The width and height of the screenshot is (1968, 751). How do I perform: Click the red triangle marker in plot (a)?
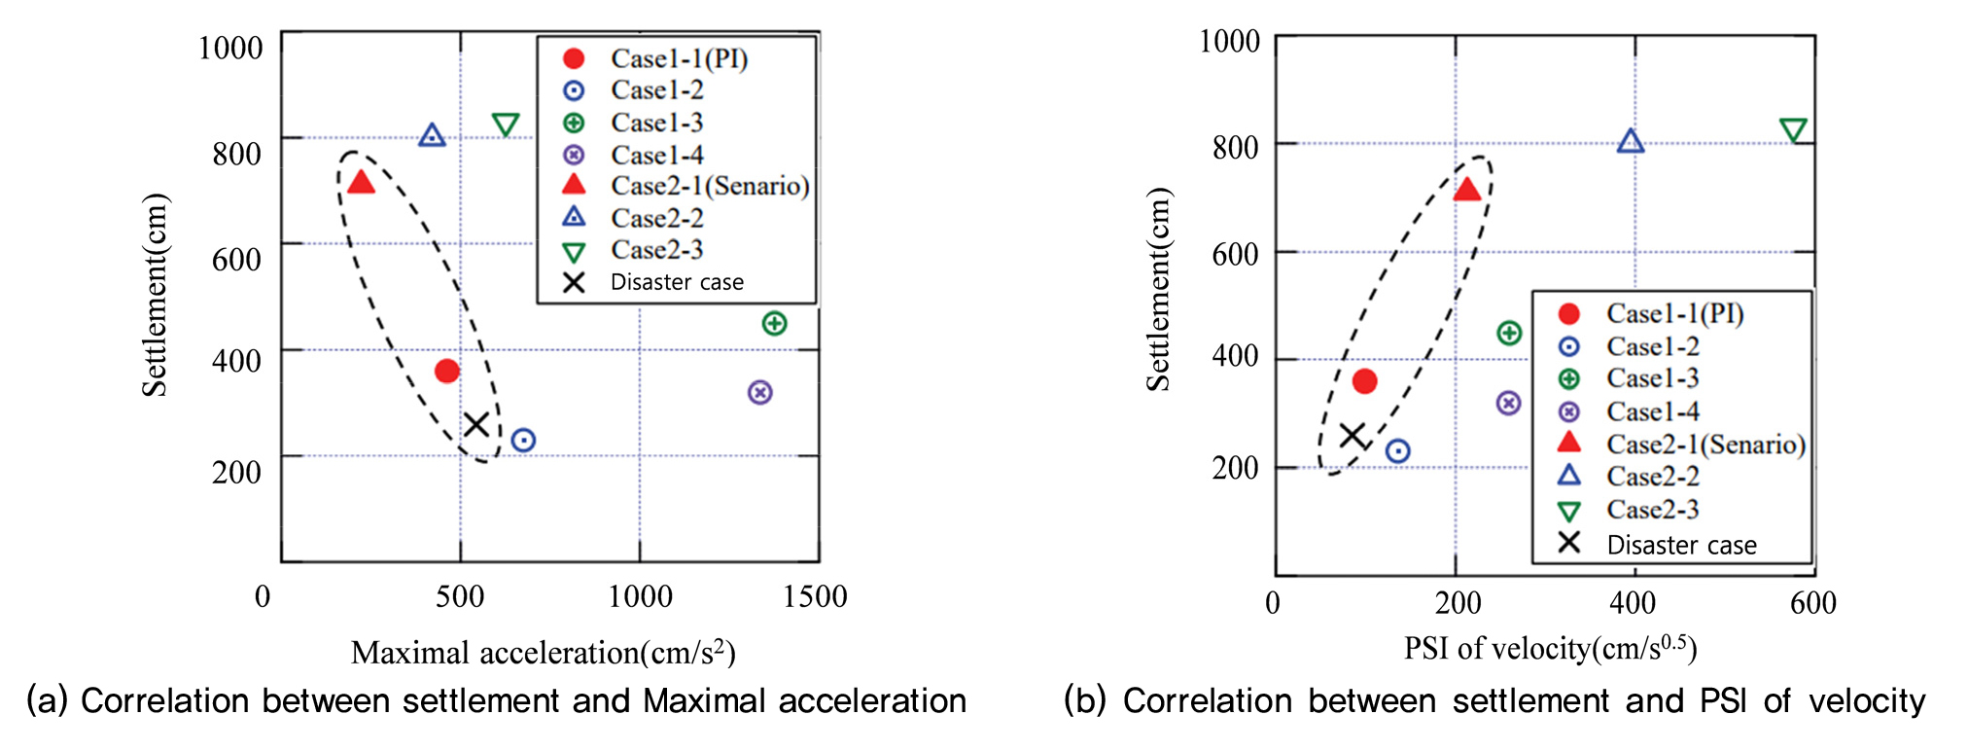pos(361,183)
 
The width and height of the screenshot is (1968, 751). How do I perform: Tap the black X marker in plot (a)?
pos(475,424)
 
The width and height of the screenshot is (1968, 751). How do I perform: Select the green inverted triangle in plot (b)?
pos(1793,129)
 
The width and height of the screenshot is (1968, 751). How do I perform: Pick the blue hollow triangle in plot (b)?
pos(1631,142)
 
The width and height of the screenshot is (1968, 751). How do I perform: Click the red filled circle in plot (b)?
pos(1364,381)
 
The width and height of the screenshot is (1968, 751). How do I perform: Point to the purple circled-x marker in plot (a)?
pos(760,392)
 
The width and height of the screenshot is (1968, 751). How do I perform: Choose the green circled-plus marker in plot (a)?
pos(774,323)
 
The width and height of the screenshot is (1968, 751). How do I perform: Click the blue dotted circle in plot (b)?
pos(1397,451)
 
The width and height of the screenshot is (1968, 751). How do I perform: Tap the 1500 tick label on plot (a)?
pos(815,596)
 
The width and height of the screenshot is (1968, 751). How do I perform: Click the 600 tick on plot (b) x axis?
pos(1812,603)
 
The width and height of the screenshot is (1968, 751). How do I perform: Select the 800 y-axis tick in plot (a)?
pos(236,153)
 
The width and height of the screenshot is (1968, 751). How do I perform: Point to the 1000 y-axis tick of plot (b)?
pos(1229,41)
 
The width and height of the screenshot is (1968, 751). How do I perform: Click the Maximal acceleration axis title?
pos(543,652)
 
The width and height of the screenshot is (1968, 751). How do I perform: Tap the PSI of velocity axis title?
pos(1550,648)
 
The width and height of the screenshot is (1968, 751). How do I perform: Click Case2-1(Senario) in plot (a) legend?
pos(709,186)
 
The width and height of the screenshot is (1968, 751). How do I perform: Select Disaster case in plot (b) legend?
pos(1681,545)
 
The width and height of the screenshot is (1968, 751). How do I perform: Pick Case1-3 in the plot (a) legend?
pos(656,123)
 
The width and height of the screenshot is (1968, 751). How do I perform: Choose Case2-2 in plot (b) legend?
pos(1652,477)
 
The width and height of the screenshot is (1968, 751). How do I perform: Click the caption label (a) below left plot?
pos(47,700)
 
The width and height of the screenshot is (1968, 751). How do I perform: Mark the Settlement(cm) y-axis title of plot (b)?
pos(1157,289)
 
